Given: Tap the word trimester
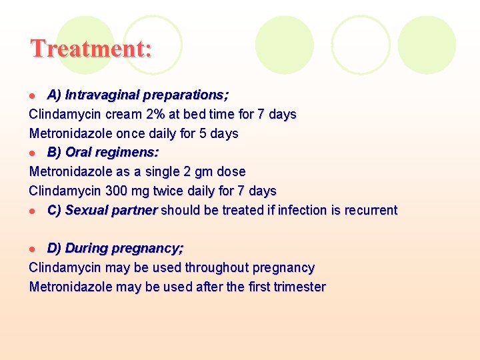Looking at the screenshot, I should tap(299, 287).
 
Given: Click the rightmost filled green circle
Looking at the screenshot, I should tap(427, 45).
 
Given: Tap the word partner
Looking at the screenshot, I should tap(135, 210).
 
